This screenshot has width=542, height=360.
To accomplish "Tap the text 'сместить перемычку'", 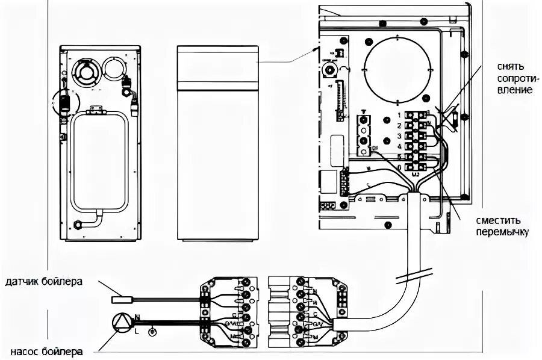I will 502,226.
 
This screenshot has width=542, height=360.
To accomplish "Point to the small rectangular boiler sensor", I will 122,298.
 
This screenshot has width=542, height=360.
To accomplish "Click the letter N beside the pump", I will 138,316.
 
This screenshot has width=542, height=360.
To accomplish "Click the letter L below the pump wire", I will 138,331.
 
